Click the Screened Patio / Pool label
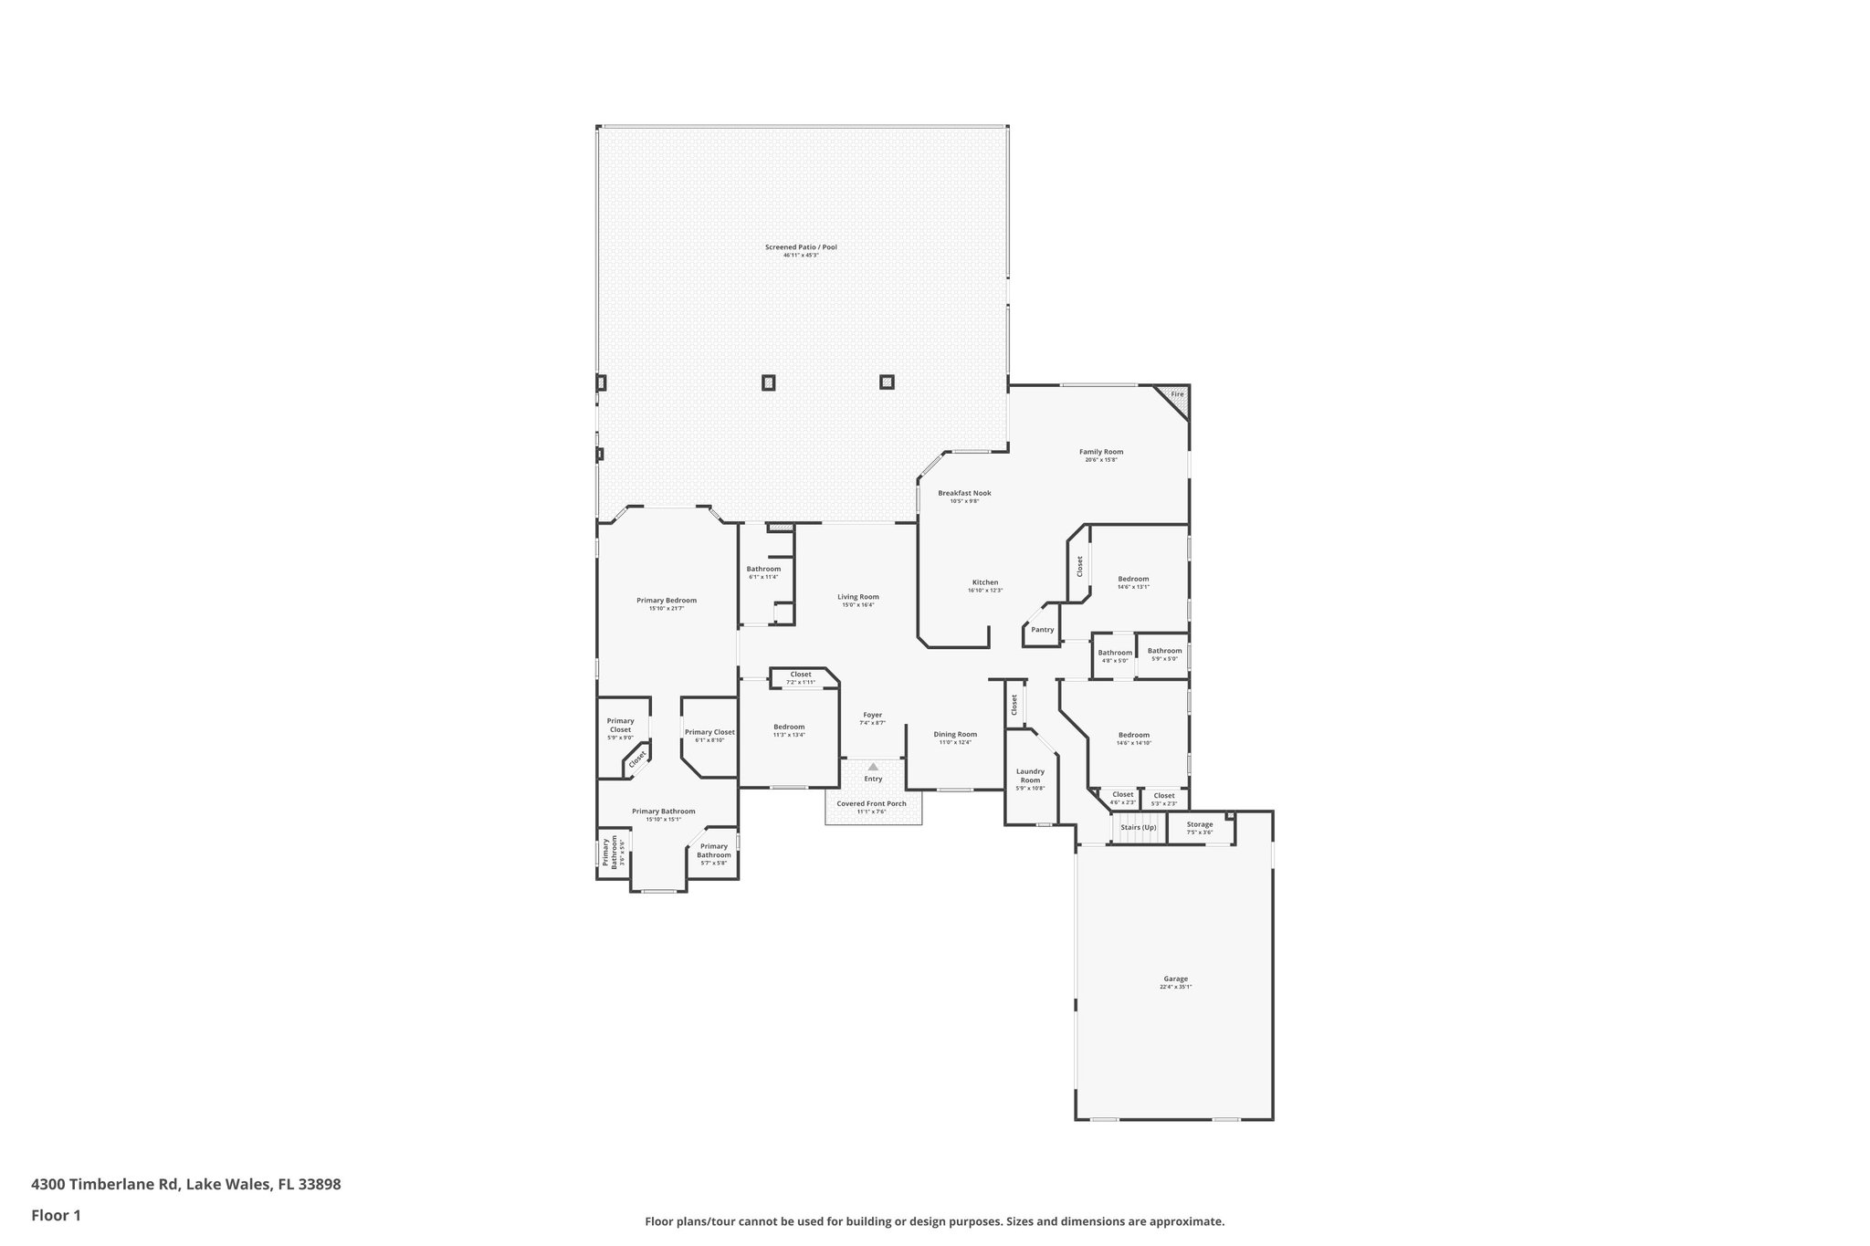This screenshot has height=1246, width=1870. point(801,247)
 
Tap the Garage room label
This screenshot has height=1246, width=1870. point(1175,979)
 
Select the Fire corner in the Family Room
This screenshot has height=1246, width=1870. point(1177,394)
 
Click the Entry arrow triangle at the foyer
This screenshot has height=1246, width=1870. point(873,767)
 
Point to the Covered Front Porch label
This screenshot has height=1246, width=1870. point(872,803)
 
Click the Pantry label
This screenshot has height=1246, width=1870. point(1042,630)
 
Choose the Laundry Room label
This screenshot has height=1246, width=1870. point(1030,776)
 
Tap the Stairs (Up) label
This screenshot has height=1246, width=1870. point(1139,827)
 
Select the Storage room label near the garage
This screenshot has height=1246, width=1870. point(1200,824)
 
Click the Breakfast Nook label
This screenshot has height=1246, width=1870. point(964,493)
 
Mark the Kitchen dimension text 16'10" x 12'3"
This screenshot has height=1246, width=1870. point(985,591)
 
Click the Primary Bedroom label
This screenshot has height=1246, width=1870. point(667,601)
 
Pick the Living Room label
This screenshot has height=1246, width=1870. point(858,597)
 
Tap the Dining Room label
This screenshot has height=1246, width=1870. point(955,734)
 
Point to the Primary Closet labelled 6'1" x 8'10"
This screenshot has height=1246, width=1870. point(709,732)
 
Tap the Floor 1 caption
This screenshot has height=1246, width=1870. point(57,1216)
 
